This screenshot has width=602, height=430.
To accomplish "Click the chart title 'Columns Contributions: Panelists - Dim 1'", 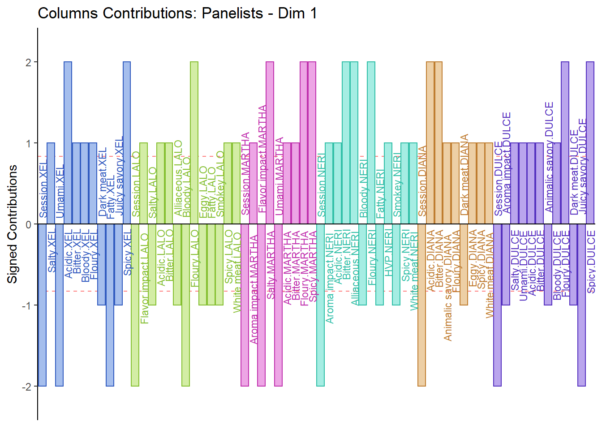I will pyautogui.click(x=177, y=13).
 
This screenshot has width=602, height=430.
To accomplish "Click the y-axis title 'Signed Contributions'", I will pyautogui.click(x=13, y=224).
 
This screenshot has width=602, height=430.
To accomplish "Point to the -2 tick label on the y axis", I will pyautogui.click(x=27, y=387).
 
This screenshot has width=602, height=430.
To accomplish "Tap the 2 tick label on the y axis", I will pyautogui.click(x=29, y=62).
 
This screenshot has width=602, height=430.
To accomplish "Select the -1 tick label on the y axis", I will pyautogui.click(x=27, y=305).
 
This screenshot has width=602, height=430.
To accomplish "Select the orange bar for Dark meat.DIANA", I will pyautogui.click(x=464, y=264).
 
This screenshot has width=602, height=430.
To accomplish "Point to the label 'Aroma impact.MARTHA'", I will pyautogui.click(x=254, y=289).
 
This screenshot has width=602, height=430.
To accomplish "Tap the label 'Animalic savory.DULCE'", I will pyautogui.click(x=549, y=157).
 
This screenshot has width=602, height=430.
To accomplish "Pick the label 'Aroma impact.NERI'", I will pyautogui.click(x=330, y=278).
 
